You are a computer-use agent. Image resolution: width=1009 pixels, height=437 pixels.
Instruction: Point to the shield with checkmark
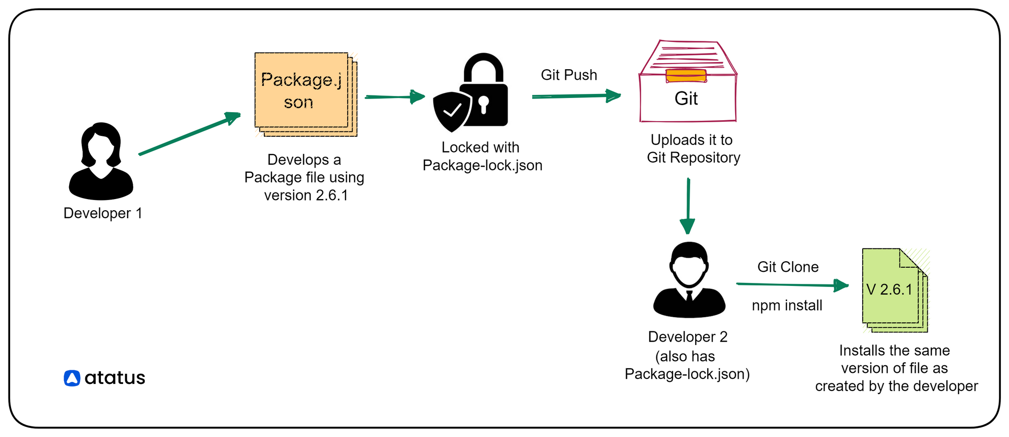(451, 111)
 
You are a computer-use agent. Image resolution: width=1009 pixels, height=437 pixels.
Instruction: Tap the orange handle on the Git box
(686, 76)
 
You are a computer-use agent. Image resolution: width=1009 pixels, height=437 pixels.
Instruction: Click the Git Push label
(569, 75)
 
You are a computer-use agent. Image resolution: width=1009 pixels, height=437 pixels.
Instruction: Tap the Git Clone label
(788, 267)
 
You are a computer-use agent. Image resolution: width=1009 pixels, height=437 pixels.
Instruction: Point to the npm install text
(787, 306)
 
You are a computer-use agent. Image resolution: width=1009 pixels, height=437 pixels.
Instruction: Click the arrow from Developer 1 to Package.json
(189, 134)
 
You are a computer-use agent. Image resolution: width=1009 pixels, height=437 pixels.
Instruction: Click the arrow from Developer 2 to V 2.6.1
(792, 285)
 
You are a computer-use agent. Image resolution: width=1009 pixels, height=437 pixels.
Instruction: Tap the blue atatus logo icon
(72, 378)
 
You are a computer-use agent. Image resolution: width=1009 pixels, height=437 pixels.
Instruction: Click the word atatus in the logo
(115, 378)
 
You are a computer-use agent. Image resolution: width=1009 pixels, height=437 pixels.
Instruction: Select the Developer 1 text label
(103, 213)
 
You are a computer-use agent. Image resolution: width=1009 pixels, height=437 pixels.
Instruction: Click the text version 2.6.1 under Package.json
(306, 196)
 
